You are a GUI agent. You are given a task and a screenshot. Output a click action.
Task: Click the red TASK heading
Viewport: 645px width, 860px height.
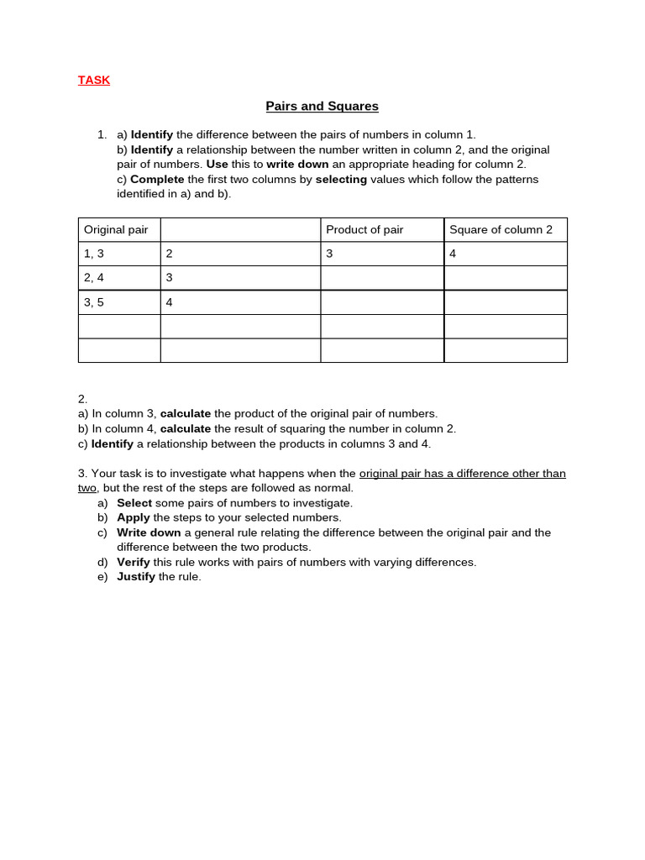click(94, 81)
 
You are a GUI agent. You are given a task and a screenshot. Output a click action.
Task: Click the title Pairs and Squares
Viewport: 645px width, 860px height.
click(322, 107)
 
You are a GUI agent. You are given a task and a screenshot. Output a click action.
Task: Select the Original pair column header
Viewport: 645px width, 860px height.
click(116, 230)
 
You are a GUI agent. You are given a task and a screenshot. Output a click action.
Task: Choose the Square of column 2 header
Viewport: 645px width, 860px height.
click(501, 230)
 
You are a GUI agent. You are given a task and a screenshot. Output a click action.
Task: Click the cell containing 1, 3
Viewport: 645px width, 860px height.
click(94, 254)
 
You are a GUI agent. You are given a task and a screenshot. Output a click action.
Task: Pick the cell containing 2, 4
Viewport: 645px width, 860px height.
click(94, 278)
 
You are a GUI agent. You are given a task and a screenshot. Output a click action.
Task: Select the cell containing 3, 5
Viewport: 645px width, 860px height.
click(94, 302)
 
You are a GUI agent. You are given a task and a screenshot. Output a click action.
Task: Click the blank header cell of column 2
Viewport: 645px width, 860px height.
click(240, 230)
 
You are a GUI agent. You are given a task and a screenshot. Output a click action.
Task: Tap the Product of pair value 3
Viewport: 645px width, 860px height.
click(330, 254)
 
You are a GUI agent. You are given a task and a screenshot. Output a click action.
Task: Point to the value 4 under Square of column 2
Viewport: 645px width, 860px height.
click(454, 254)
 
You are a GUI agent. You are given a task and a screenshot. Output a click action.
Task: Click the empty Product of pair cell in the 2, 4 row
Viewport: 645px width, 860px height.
click(382, 278)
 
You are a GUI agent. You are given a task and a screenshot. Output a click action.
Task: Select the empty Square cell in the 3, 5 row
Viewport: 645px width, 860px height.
click(506, 302)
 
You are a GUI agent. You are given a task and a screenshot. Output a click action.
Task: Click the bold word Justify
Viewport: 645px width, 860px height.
click(136, 577)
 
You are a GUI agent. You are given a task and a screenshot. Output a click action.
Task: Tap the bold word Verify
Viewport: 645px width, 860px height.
click(134, 562)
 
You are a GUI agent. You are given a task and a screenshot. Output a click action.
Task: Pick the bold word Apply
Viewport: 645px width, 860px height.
click(134, 518)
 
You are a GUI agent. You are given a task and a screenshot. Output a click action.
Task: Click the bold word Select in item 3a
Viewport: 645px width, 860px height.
click(134, 503)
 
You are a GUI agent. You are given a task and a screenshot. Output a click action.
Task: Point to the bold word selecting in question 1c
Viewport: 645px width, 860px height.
click(341, 180)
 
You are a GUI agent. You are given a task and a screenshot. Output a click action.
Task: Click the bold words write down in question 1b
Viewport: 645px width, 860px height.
click(297, 165)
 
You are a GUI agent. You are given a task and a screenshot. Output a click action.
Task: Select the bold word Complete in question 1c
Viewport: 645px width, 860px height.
click(157, 180)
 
